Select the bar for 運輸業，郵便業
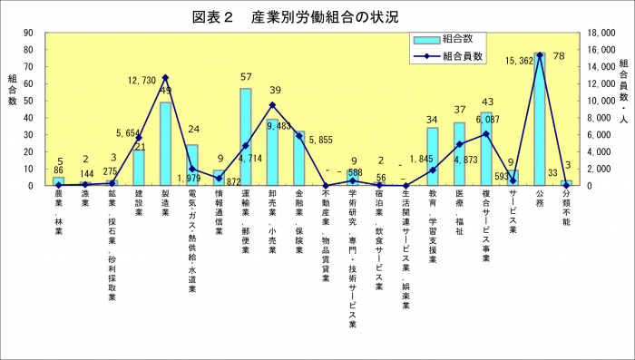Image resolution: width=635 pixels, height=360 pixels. click(x=245, y=137)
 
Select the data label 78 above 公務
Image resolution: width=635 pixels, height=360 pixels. click(x=561, y=56)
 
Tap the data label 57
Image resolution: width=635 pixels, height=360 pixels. click(x=246, y=77)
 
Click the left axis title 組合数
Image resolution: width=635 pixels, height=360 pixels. click(x=12, y=89)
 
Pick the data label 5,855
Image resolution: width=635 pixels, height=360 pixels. click(x=321, y=140)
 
